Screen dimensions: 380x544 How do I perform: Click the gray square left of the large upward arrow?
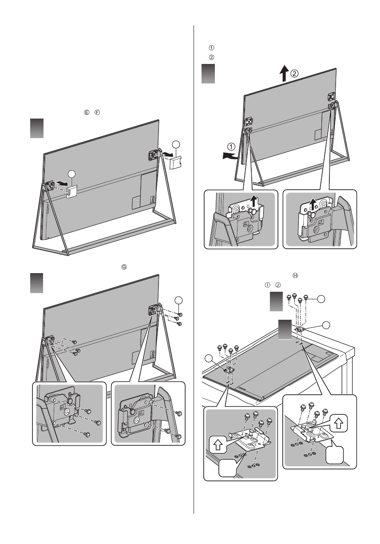click(x=209, y=73)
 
